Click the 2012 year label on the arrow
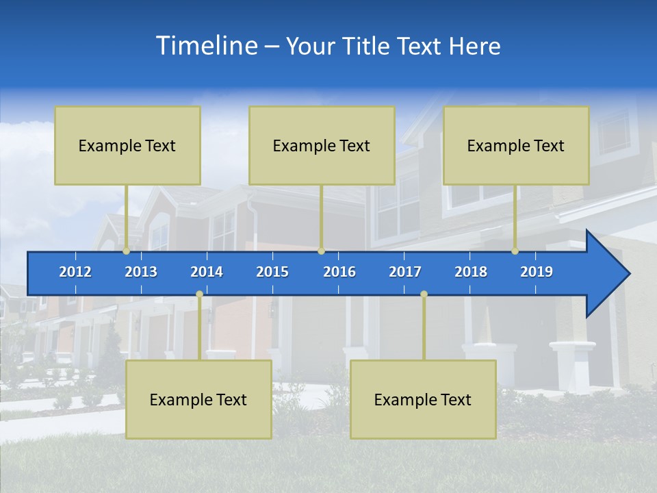75,272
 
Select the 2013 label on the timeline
141,272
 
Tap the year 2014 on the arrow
207,272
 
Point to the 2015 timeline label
272,272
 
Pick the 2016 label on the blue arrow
339,272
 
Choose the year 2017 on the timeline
405,272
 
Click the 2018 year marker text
471,272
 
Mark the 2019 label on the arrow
537,272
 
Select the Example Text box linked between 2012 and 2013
127,145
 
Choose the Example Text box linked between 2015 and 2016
322,145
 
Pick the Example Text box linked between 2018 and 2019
516,145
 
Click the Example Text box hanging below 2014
198,399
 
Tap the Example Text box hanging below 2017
423,399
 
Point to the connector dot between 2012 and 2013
127,251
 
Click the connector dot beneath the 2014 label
199,294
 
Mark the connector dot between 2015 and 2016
321,251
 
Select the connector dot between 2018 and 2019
515,251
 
